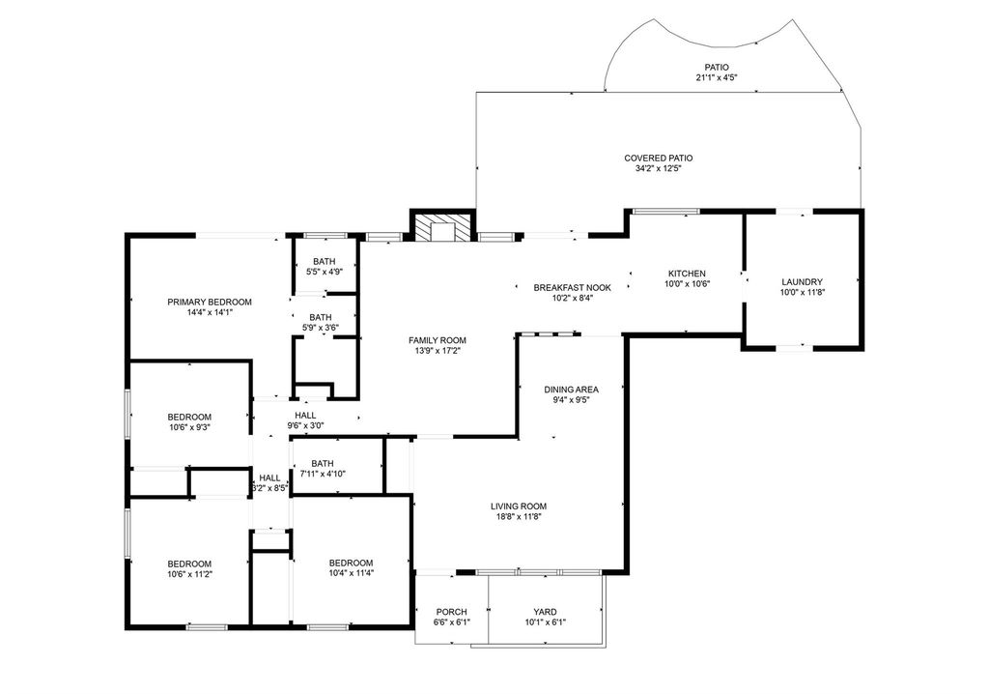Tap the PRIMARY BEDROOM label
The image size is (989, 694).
click(x=210, y=302)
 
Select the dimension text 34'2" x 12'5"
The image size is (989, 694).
click(x=659, y=168)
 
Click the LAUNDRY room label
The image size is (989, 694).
click(x=803, y=281)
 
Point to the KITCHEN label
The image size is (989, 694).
click(x=687, y=274)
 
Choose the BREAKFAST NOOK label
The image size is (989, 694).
click(x=572, y=287)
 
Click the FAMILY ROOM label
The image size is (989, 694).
click(x=438, y=340)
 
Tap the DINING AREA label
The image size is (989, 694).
click(x=572, y=390)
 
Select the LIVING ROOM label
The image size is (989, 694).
click(x=519, y=506)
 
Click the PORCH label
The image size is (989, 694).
click(x=452, y=611)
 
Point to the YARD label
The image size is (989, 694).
click(x=545, y=611)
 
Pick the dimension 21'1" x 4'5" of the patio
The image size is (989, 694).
click(x=717, y=77)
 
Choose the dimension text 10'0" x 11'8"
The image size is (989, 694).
click(x=803, y=292)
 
